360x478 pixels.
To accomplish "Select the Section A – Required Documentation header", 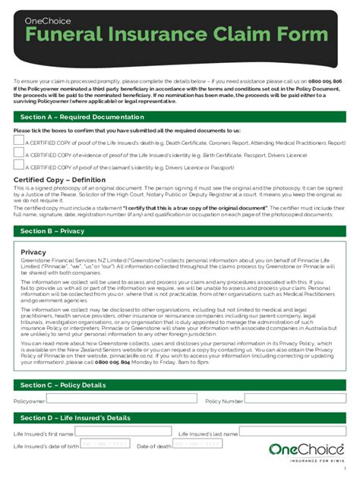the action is tap(82, 117).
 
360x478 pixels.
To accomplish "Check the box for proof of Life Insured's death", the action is tap(18, 141).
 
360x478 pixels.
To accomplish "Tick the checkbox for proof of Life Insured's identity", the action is tap(18, 154).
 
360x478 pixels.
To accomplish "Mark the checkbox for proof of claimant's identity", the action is tap(18, 166).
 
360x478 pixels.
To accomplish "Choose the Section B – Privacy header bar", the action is tap(53, 231).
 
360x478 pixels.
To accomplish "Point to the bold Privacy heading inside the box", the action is tap(33, 252).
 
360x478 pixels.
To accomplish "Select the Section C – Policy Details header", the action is tap(63, 385).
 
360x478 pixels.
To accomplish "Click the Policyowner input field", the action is tap(122, 400).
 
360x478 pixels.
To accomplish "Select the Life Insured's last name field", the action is tap(289, 433).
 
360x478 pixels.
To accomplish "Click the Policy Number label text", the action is tap(224, 401).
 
